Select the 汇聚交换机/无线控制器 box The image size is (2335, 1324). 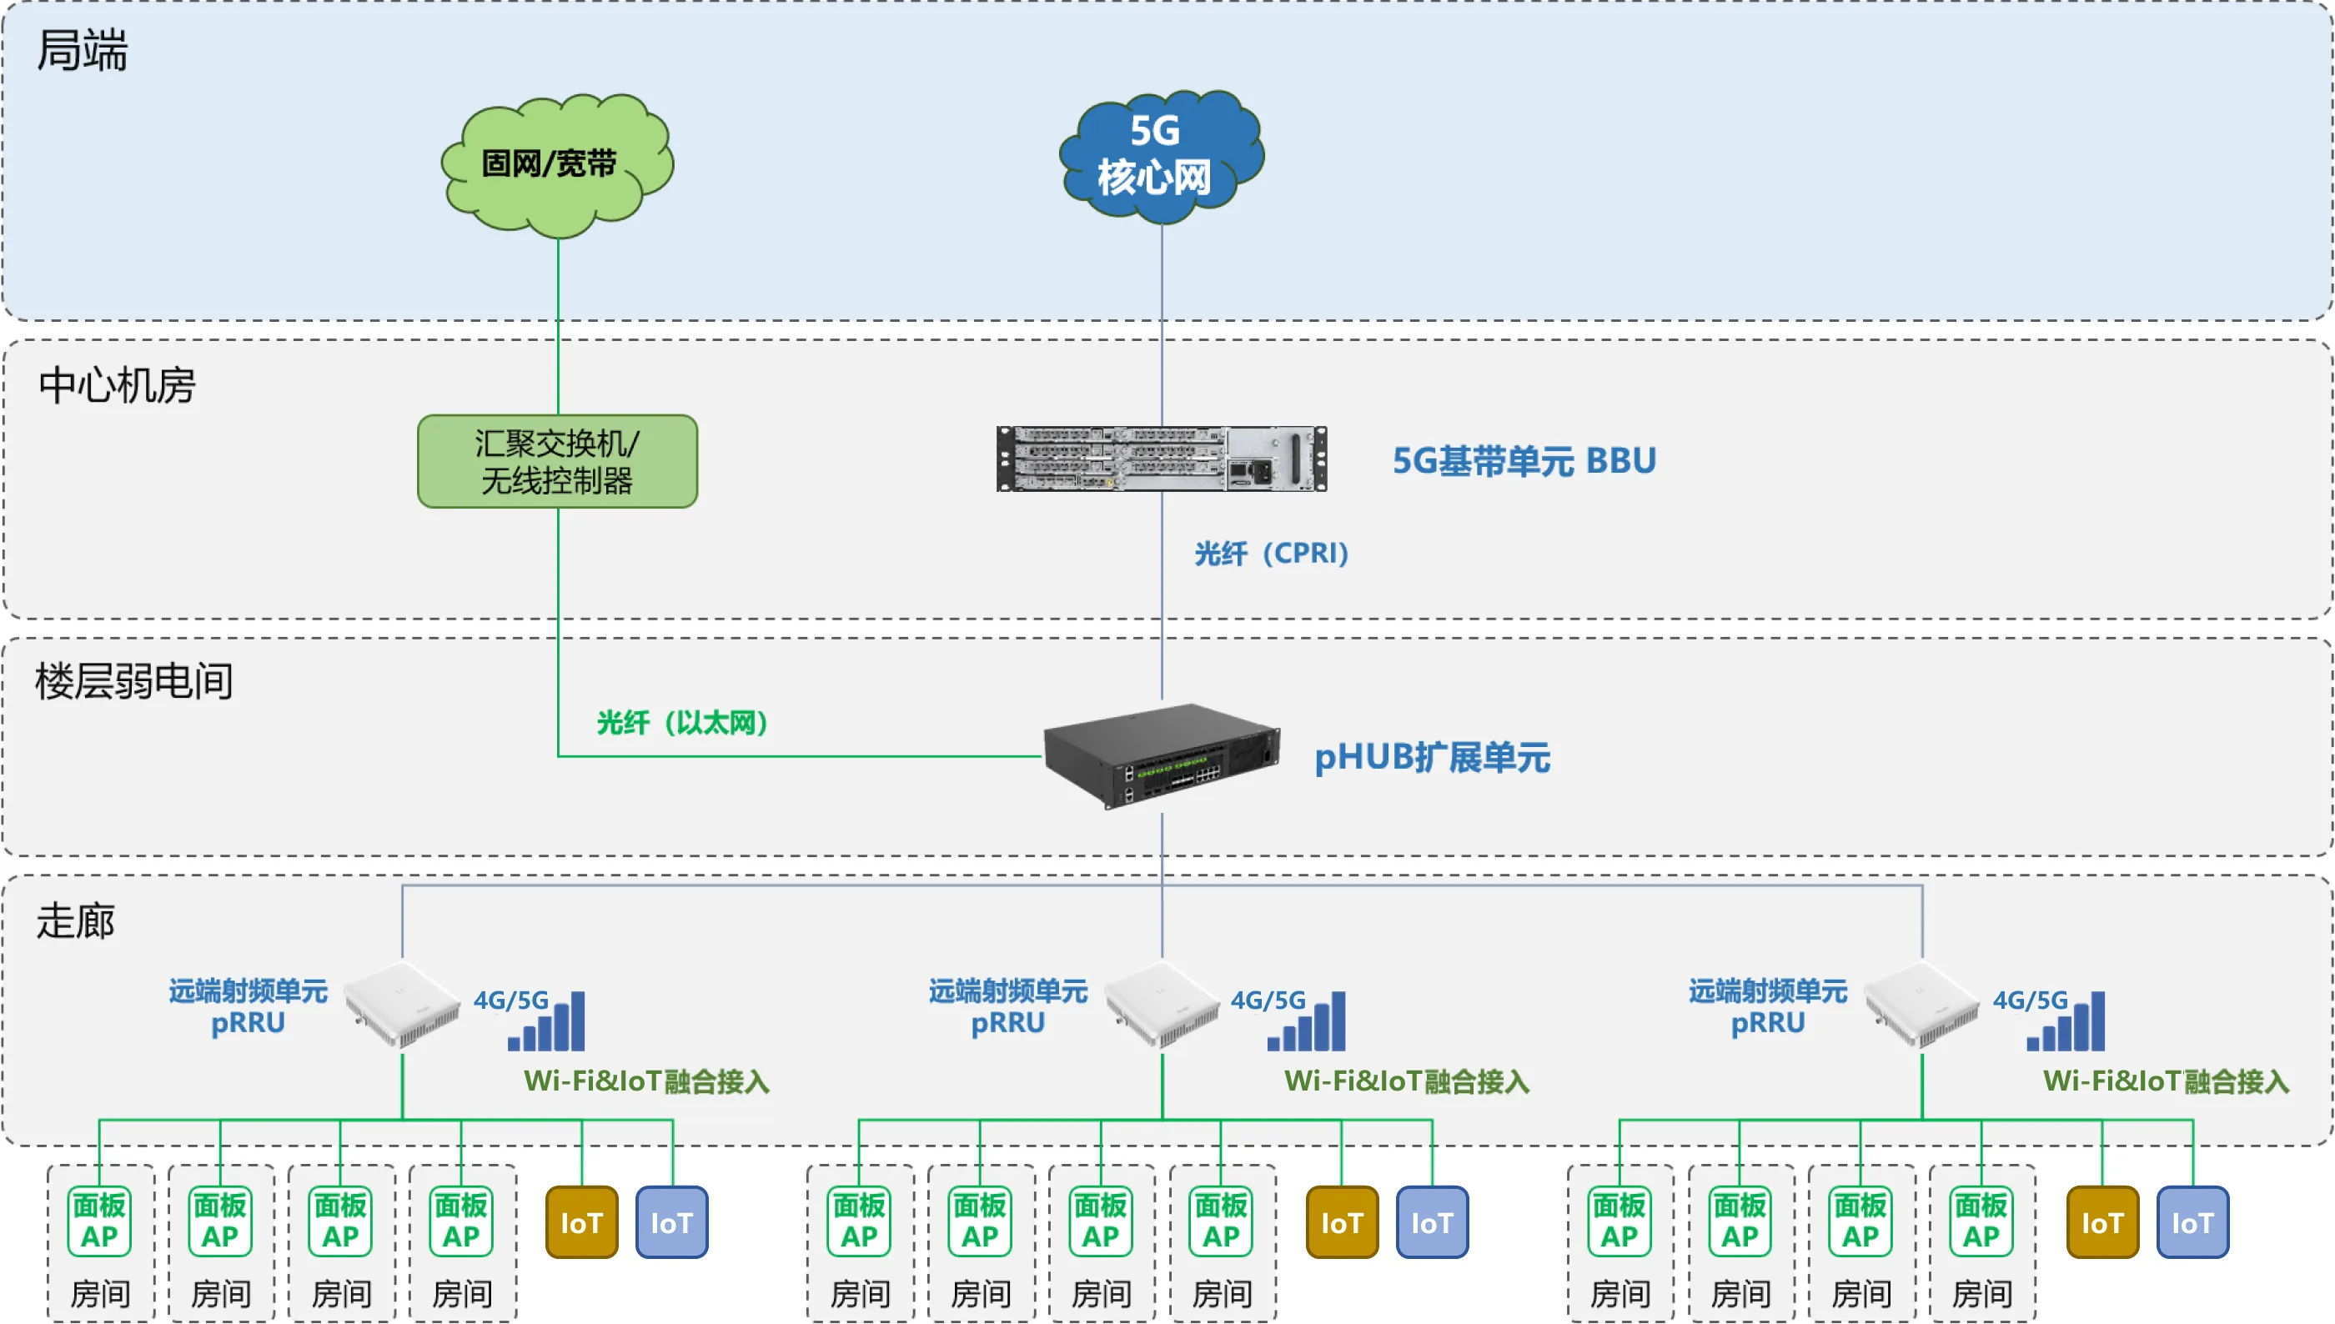pyautogui.click(x=556, y=462)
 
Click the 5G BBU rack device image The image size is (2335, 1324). pyautogui.click(x=1161, y=459)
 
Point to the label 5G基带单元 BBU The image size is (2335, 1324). pyautogui.click(x=1524, y=461)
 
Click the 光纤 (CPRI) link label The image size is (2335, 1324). pyautogui.click(x=1271, y=553)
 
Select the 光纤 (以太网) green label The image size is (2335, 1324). pyautogui.click(x=682, y=723)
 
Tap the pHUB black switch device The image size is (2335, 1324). pyautogui.click(x=1161, y=755)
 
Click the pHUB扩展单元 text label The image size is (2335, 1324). pyautogui.click(x=1432, y=758)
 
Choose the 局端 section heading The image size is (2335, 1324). pyautogui.click(x=82, y=50)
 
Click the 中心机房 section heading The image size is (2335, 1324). pyautogui.click(x=117, y=385)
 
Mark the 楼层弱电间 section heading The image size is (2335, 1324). pyautogui.click(x=133, y=681)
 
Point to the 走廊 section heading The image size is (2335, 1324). pyautogui.click(x=75, y=921)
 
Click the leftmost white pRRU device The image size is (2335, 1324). pyautogui.click(x=402, y=1005)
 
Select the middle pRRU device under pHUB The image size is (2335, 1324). pyautogui.click(x=1162, y=1005)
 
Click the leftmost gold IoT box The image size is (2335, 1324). pyautogui.click(x=581, y=1222)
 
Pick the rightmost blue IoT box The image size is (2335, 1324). pyautogui.click(x=2192, y=1222)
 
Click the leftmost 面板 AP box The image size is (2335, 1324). pyautogui.click(x=99, y=1221)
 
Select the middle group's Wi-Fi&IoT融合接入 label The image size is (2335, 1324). pyautogui.click(x=1407, y=1081)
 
